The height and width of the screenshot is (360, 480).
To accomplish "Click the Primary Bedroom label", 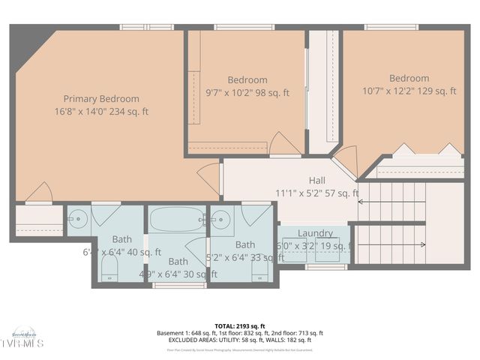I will [x=100, y=99].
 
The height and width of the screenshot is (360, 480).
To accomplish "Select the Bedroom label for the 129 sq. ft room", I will [x=409, y=78].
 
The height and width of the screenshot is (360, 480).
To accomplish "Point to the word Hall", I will [x=317, y=181].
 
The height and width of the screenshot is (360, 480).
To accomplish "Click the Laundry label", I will [x=315, y=234].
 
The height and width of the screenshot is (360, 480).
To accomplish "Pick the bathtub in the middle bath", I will [x=177, y=220].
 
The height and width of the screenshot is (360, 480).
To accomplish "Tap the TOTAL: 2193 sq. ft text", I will [x=240, y=326].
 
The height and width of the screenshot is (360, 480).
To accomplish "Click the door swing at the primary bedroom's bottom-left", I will [x=39, y=193].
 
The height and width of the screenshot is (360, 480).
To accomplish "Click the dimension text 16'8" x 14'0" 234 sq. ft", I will [x=100, y=112].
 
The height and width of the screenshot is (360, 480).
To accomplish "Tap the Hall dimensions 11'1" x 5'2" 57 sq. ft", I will [x=317, y=193].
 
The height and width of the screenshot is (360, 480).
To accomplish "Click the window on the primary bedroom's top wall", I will [x=147, y=27].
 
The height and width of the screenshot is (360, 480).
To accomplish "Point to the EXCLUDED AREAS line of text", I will [x=240, y=340].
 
